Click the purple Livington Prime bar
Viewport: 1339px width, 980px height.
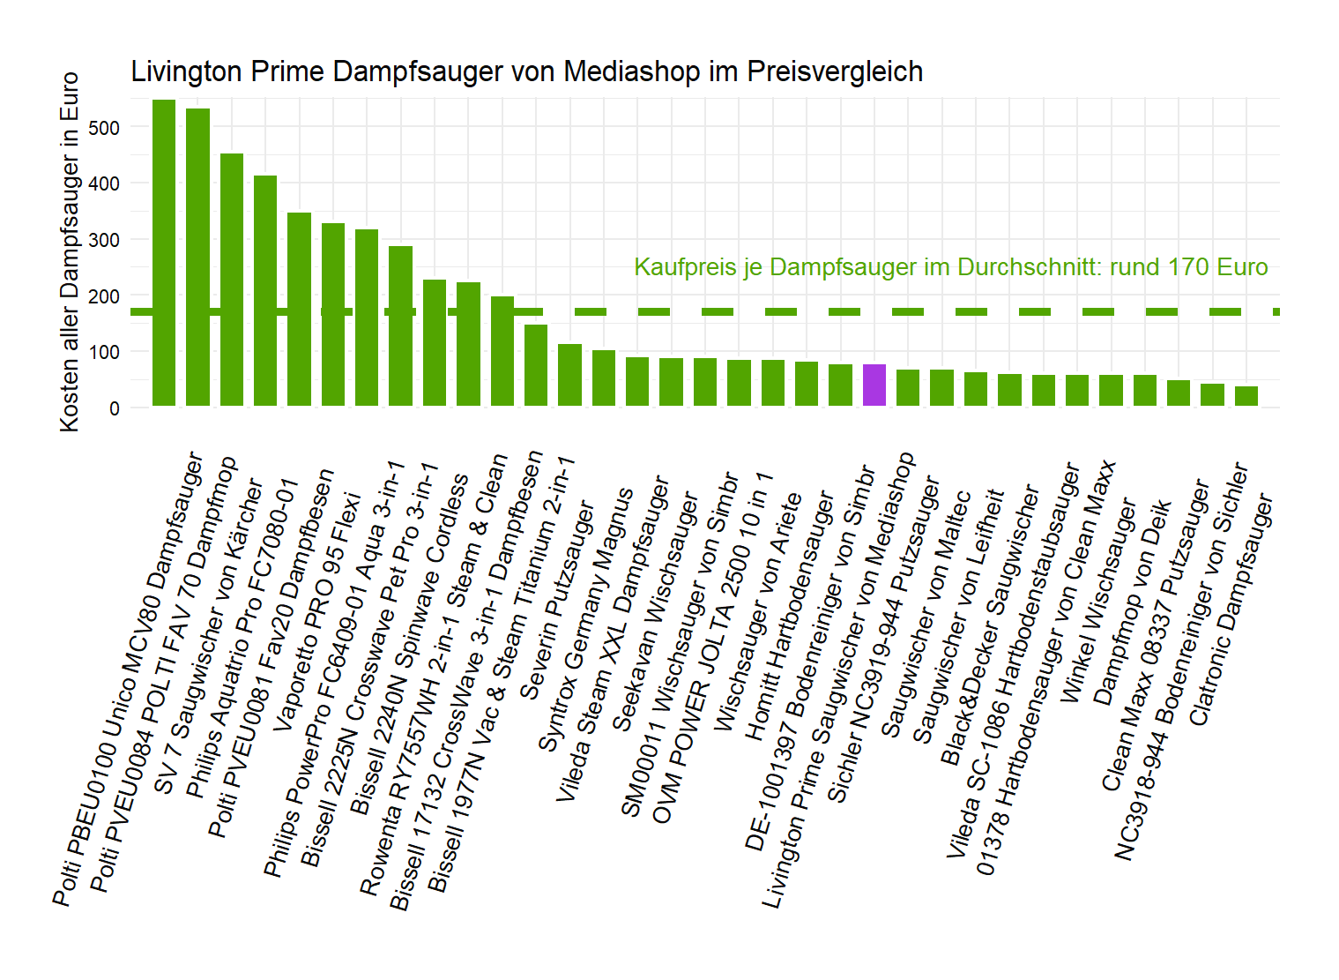coord(874,385)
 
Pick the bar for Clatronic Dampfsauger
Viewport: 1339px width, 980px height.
coord(1246,396)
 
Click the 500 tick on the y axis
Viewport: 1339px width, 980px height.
coord(104,128)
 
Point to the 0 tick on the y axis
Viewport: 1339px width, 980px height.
coord(115,408)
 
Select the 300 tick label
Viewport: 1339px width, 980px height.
coord(104,240)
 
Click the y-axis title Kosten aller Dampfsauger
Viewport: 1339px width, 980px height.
coord(70,251)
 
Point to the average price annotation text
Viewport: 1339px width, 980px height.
coord(950,267)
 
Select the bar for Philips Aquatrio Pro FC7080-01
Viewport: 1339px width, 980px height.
coord(265,291)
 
